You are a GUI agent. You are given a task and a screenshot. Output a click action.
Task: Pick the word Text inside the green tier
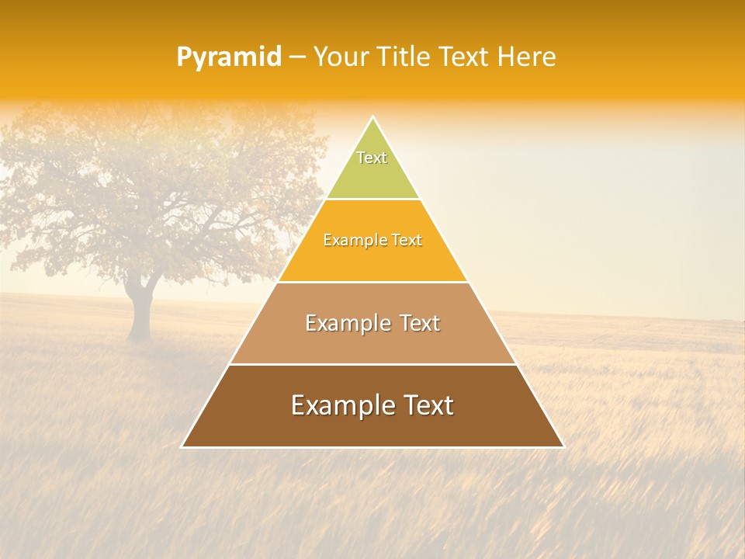(x=372, y=158)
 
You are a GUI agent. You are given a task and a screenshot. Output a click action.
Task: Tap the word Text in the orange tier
(x=406, y=241)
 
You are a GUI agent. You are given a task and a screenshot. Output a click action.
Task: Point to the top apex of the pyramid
(x=372, y=117)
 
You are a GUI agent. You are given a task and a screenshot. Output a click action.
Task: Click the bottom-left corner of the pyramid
(x=182, y=446)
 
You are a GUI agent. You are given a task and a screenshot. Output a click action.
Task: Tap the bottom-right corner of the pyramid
(x=563, y=446)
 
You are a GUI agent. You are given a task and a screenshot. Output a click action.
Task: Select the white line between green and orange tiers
(x=372, y=200)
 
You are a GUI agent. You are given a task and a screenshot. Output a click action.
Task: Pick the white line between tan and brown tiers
(x=372, y=364)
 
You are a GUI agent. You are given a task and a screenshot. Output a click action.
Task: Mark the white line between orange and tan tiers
(x=372, y=282)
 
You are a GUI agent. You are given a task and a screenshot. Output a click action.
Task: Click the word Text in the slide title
(x=465, y=57)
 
